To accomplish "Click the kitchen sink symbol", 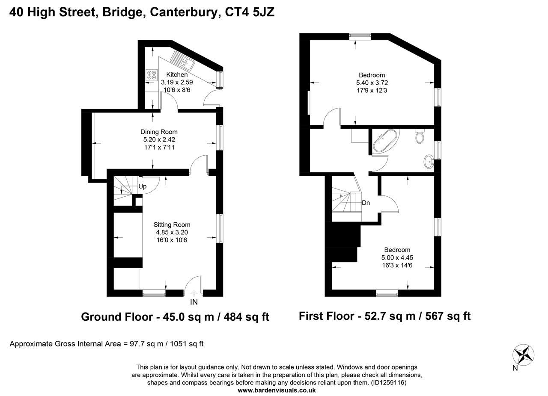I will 182,60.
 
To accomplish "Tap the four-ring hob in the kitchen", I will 152,75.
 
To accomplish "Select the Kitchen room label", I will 177,74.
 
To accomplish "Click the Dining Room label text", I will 159,132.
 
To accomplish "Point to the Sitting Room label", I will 172,225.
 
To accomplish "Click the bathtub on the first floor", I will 385,142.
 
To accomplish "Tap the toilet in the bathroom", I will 420,136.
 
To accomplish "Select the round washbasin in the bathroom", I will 429,161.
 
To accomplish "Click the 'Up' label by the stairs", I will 143,186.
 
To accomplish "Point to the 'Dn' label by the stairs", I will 366,203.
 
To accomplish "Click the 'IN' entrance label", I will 194,302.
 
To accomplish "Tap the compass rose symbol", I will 524,355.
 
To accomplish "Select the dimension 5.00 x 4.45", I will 397,257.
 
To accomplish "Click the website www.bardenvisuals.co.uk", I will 277,390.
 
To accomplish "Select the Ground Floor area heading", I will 175,317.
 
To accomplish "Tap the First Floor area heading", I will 384,316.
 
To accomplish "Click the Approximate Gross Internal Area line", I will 107,343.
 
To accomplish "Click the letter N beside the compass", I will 515,368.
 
